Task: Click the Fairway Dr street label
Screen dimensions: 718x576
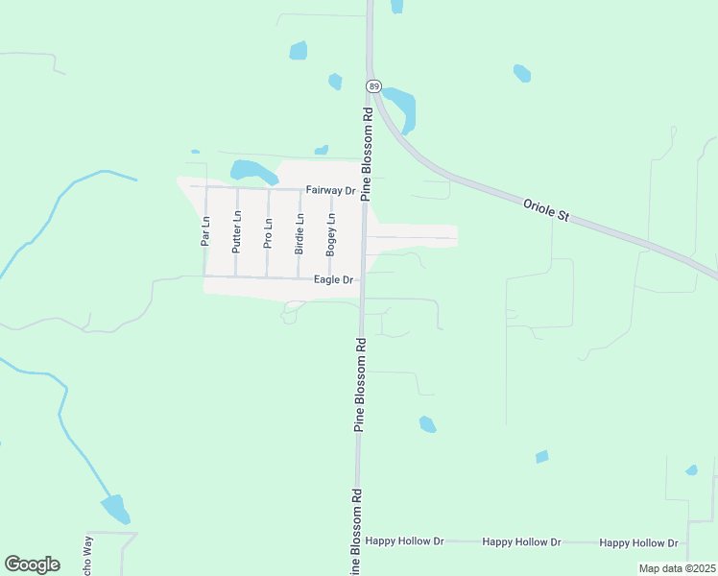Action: [330, 190]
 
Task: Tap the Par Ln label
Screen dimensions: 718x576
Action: [205, 231]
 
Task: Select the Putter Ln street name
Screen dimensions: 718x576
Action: [236, 231]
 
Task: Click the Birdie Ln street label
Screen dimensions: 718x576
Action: [299, 233]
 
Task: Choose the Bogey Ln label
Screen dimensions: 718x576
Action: [330, 233]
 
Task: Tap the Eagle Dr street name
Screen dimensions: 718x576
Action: [334, 279]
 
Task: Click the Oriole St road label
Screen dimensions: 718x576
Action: [547, 210]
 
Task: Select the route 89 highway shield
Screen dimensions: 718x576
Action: [372, 86]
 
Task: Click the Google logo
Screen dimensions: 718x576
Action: [32, 564]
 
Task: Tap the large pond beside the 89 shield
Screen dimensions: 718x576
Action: [401, 108]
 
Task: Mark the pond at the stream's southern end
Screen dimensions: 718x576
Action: [115, 508]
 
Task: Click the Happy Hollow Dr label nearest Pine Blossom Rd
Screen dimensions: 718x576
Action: [404, 542]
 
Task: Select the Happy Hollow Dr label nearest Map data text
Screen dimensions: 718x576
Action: [638, 543]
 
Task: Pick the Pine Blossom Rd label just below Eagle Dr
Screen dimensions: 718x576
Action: [361, 384]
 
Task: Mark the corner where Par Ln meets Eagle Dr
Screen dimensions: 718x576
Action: [205, 277]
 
